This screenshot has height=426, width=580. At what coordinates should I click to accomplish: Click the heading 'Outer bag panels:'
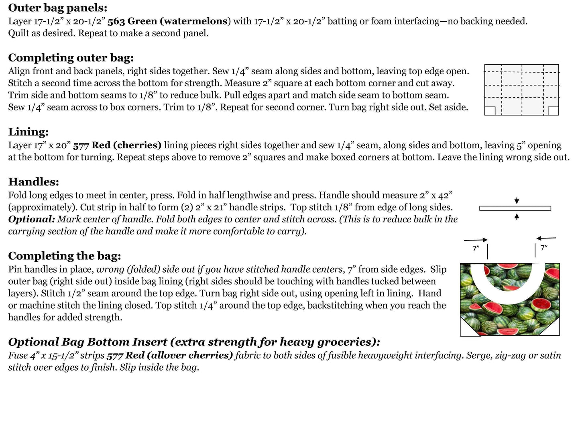[x=57, y=8]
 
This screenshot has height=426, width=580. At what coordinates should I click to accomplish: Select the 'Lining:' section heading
[x=28, y=132]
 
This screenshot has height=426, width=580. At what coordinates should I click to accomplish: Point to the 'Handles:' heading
[x=33, y=182]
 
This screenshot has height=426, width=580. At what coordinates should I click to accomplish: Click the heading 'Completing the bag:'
[x=64, y=256]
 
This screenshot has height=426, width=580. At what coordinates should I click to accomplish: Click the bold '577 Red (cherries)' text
[x=117, y=145]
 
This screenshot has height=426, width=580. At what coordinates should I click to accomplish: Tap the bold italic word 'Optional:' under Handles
[x=31, y=219]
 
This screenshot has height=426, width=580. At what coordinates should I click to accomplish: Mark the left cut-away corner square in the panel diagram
[x=490, y=111]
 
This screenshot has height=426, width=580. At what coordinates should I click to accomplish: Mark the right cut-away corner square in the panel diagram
[x=554, y=111]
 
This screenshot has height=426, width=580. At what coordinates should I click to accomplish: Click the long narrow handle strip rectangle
[x=515, y=208]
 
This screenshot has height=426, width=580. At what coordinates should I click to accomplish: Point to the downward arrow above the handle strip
[x=517, y=200]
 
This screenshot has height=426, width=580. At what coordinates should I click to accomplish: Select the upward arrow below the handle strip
[x=517, y=216]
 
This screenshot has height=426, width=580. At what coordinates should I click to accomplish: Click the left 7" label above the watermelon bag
[x=476, y=249]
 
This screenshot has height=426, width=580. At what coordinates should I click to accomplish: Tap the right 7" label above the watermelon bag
[x=544, y=248]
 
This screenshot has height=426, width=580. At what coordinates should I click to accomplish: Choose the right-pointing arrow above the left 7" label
[x=476, y=240]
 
